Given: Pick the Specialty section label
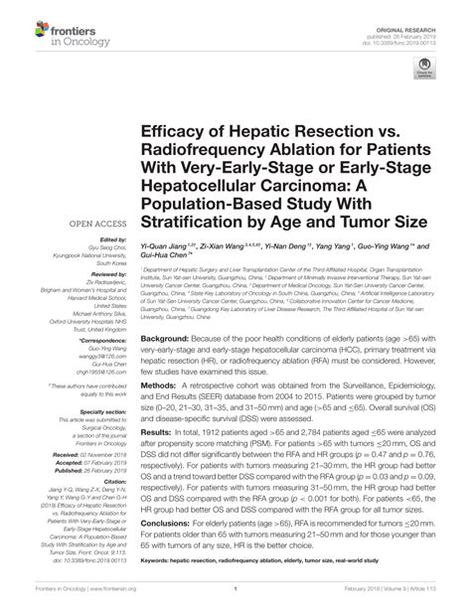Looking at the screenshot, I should [x=102, y=408].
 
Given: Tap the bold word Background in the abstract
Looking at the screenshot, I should [x=166, y=338].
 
